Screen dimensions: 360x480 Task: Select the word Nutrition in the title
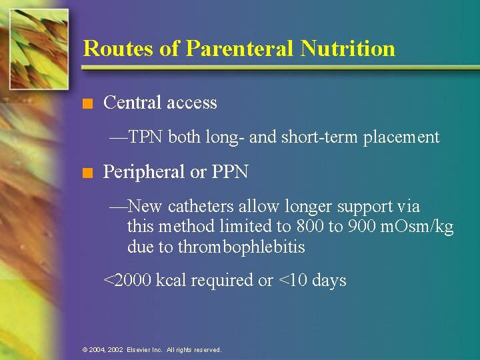coord(348,49)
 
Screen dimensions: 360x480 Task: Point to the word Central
coord(129,103)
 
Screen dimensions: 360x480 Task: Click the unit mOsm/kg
coord(415,227)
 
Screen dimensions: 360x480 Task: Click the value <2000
coord(127,281)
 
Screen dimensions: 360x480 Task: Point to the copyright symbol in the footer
coord(85,349)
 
